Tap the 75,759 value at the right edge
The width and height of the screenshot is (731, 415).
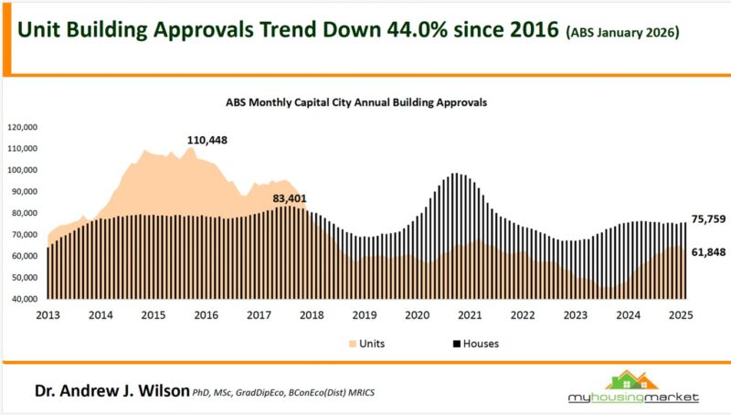710,219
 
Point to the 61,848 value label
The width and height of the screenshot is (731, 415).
710,251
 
